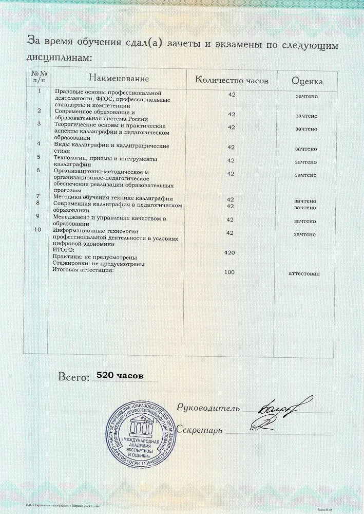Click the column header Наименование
tap(119, 79)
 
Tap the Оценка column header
tap(307, 81)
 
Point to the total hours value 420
tap(230, 253)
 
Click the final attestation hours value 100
tap(230, 272)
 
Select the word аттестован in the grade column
tap(305, 273)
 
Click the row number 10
tap(37, 230)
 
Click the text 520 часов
tap(118, 377)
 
